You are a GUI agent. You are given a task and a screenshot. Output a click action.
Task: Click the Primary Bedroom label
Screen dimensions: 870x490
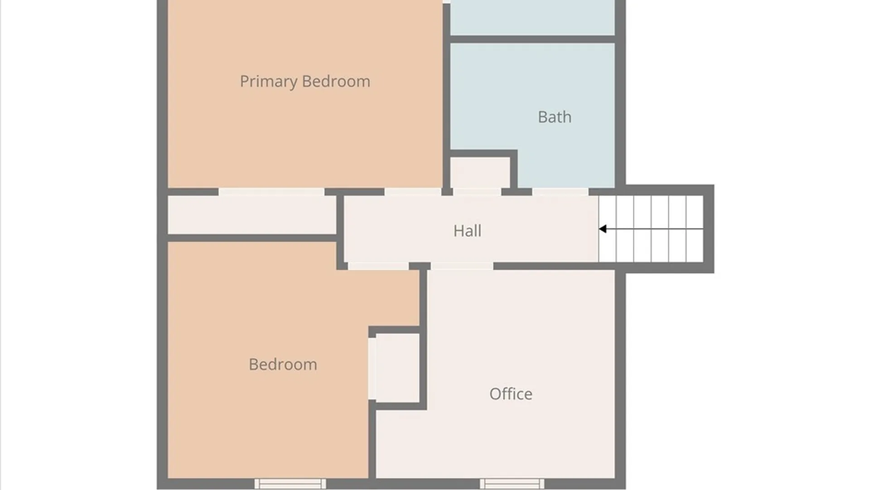(x=305, y=82)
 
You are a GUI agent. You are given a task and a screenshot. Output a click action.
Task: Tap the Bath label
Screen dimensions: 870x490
(x=555, y=117)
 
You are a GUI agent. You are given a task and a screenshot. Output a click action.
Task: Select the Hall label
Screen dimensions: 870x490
(x=467, y=231)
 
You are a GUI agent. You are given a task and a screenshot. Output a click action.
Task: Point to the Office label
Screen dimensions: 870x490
(x=511, y=394)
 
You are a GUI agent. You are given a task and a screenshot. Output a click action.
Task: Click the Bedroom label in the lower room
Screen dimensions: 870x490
(x=283, y=364)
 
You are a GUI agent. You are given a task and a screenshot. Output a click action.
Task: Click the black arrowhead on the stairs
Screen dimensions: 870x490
(x=603, y=229)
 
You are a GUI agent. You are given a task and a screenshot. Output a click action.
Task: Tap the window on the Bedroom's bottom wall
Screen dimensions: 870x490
(x=290, y=484)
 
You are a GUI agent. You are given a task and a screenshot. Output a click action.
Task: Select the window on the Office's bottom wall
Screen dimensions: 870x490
(x=512, y=484)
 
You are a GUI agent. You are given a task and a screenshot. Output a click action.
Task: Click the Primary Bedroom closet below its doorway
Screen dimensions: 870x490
(x=252, y=215)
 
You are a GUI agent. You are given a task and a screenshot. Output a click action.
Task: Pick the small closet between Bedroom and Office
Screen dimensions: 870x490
(x=397, y=367)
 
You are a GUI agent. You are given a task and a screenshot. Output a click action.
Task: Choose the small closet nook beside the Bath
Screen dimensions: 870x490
(x=480, y=172)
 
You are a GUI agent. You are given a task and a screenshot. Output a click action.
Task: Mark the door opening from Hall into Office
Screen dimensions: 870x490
(x=462, y=266)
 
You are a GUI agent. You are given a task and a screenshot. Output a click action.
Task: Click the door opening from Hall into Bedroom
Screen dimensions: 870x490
(x=378, y=266)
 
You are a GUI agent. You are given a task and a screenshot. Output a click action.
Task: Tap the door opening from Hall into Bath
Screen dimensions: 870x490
(x=560, y=192)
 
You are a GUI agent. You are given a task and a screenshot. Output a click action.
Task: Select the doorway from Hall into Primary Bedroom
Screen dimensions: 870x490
(x=412, y=192)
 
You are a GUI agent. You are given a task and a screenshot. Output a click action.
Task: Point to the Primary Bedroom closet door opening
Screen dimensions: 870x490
(x=271, y=192)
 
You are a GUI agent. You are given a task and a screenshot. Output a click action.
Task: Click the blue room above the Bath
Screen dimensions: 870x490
(x=532, y=17)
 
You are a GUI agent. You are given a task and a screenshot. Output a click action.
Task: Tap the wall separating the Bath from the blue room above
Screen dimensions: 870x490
(x=532, y=39)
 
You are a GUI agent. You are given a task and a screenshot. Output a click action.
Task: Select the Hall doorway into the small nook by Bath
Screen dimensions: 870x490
(x=477, y=192)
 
